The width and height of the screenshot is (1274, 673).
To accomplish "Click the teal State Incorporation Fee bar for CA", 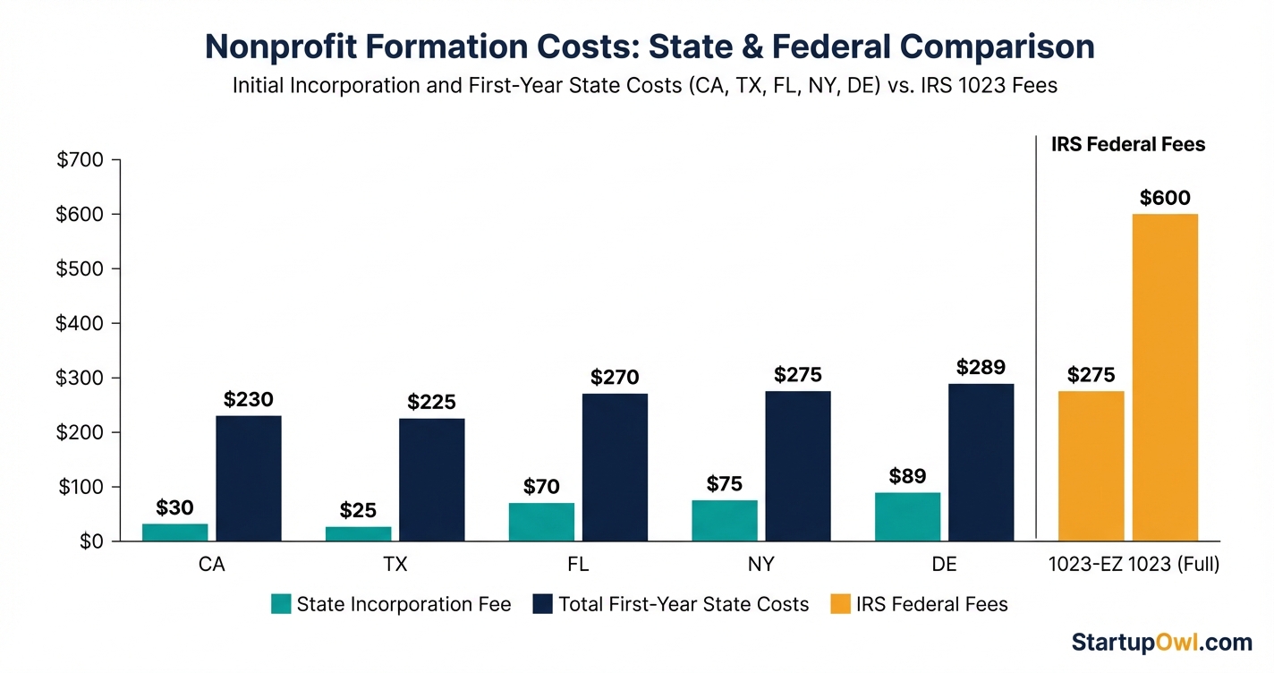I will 174,532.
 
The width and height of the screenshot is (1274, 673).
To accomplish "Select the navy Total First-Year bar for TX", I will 431,479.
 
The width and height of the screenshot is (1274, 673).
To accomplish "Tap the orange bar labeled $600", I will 1165,377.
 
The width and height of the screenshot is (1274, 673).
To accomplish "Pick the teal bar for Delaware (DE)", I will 907,516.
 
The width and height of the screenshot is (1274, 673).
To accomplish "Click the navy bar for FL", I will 615,466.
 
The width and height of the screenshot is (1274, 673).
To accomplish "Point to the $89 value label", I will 907,476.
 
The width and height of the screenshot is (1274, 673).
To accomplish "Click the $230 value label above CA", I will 248,399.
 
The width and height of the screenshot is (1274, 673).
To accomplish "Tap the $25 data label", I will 358,511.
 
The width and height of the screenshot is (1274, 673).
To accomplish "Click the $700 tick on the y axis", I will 81,160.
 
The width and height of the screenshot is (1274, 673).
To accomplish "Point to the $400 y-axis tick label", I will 81,323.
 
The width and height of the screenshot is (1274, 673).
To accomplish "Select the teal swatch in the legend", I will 281,605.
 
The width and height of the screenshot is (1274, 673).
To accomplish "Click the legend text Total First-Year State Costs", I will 684,605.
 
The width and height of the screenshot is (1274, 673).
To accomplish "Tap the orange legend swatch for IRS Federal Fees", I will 839,605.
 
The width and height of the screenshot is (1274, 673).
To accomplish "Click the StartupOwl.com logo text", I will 1161,642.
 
